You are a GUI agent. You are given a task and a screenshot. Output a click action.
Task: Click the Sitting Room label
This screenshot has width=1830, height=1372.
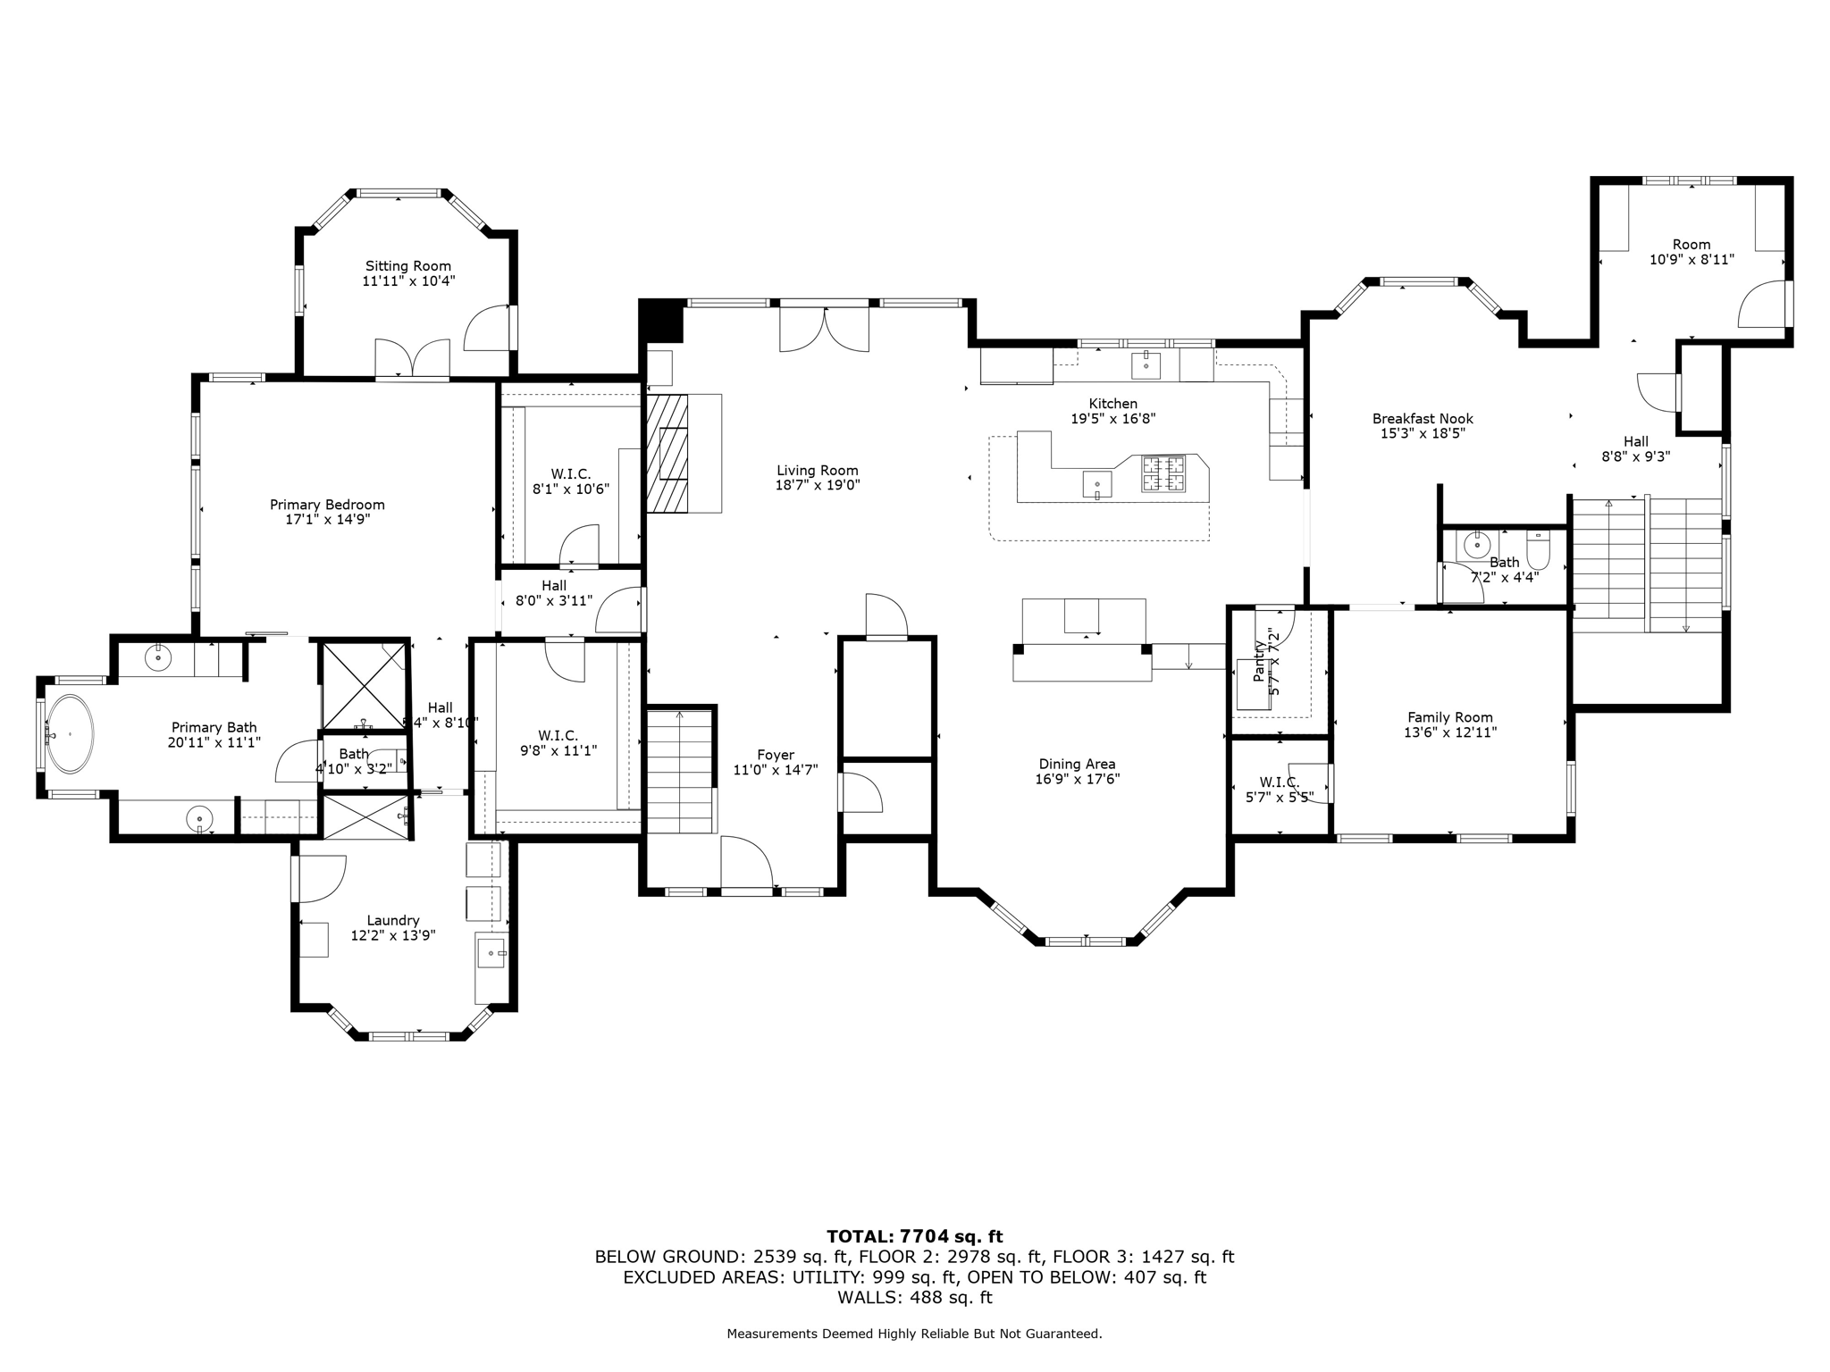pos(407,266)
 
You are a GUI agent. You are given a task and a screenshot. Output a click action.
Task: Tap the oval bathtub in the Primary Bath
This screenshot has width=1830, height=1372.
pos(69,733)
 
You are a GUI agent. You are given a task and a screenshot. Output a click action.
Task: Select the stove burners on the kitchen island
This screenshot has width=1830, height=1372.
pos(1163,473)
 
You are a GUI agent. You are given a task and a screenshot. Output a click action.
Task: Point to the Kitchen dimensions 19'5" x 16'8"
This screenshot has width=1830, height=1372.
pos(1112,418)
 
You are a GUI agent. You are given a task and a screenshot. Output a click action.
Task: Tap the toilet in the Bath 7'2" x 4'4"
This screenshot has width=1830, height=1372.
pos(1538,550)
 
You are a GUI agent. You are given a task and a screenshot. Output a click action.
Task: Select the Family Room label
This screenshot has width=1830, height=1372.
pos(1449,717)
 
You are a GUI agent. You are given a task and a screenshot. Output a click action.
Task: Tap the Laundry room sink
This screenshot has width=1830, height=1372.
pos(491,953)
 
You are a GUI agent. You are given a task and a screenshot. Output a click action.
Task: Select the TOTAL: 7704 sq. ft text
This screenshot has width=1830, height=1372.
pos(914,1236)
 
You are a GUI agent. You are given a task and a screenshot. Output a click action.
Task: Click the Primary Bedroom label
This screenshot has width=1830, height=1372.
pos(327,505)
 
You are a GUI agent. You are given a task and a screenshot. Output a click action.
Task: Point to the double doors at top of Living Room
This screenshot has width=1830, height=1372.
pos(824,328)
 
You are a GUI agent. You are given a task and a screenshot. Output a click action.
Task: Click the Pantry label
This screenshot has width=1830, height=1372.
pos(1260,661)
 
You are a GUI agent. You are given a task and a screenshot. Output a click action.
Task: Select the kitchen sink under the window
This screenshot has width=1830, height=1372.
pos(1146,364)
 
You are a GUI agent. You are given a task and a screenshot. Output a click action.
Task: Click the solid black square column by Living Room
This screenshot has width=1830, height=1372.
pos(661,321)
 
